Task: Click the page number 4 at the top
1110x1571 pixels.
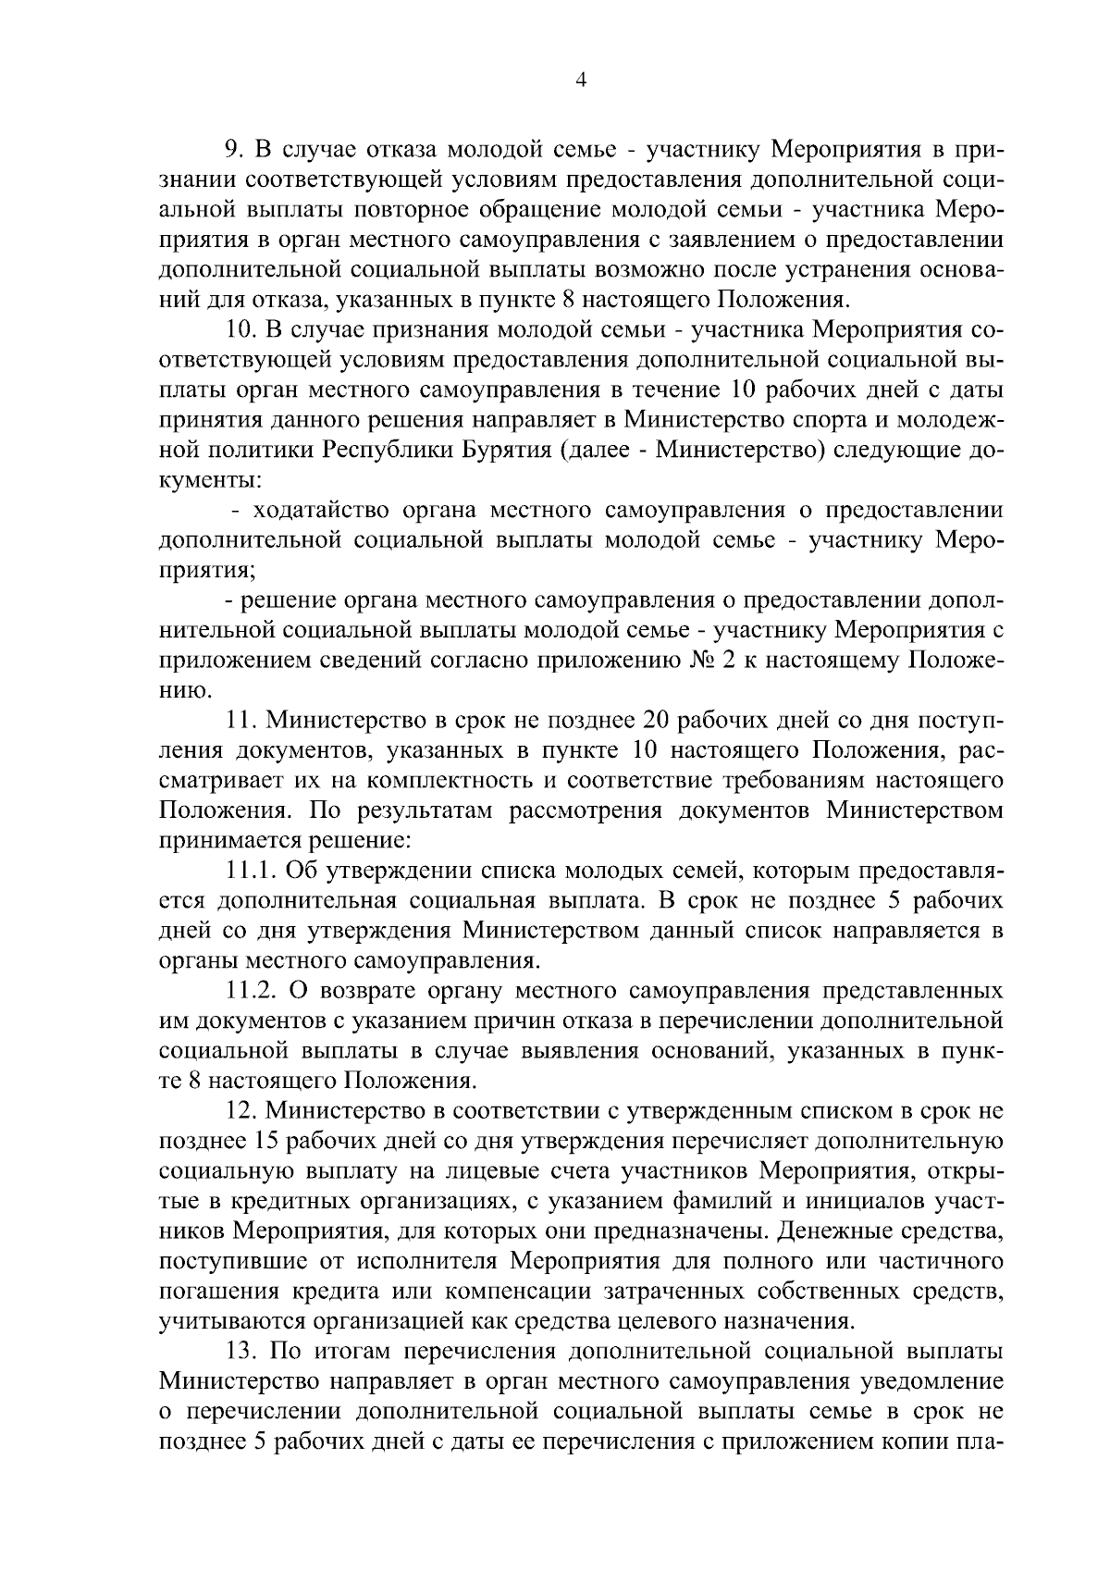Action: pyautogui.click(x=581, y=80)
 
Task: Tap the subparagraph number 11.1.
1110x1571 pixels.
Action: pyautogui.click(x=251, y=871)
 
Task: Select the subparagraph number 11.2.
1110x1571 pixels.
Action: pyautogui.click(x=252, y=991)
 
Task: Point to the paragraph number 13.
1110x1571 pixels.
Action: pyautogui.click(x=241, y=1352)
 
